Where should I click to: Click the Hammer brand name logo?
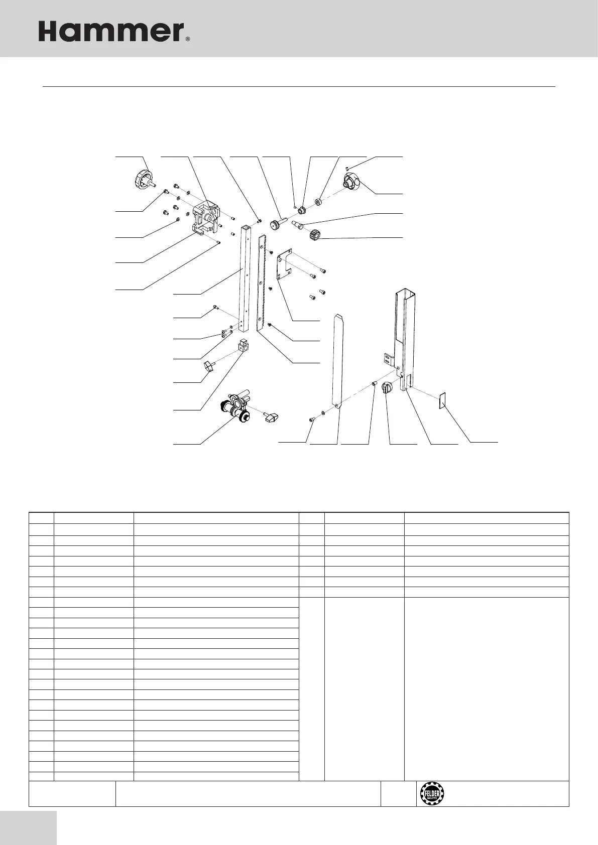[111, 32]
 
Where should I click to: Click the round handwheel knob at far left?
[142, 179]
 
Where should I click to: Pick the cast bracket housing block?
[206, 219]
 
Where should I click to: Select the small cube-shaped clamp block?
[244, 346]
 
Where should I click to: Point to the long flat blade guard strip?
[338, 361]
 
